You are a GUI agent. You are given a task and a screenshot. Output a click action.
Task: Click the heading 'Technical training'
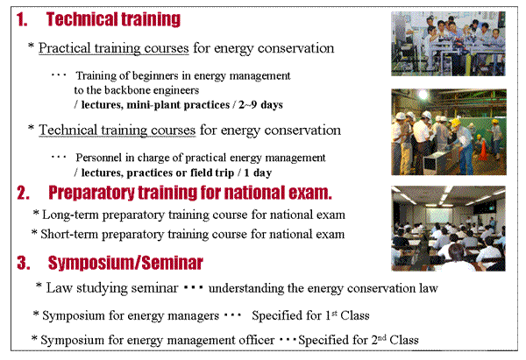pos(113,19)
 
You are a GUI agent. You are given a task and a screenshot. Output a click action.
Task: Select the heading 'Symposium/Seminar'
pos(125,263)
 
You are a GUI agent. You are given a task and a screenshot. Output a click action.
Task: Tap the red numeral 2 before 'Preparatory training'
pos(23,193)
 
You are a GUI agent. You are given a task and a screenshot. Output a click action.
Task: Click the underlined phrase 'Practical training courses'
pos(114,48)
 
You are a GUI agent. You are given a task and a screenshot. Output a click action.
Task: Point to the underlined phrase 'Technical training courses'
pos(117,130)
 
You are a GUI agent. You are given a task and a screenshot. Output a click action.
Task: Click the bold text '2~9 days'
pos(260,104)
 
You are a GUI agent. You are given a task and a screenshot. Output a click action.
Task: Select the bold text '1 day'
pos(258,173)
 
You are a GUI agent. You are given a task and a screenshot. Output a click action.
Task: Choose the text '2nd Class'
pos(394,340)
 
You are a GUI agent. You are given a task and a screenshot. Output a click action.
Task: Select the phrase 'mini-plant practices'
pos(178,105)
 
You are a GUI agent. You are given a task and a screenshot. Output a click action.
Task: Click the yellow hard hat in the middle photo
pos(456,123)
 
